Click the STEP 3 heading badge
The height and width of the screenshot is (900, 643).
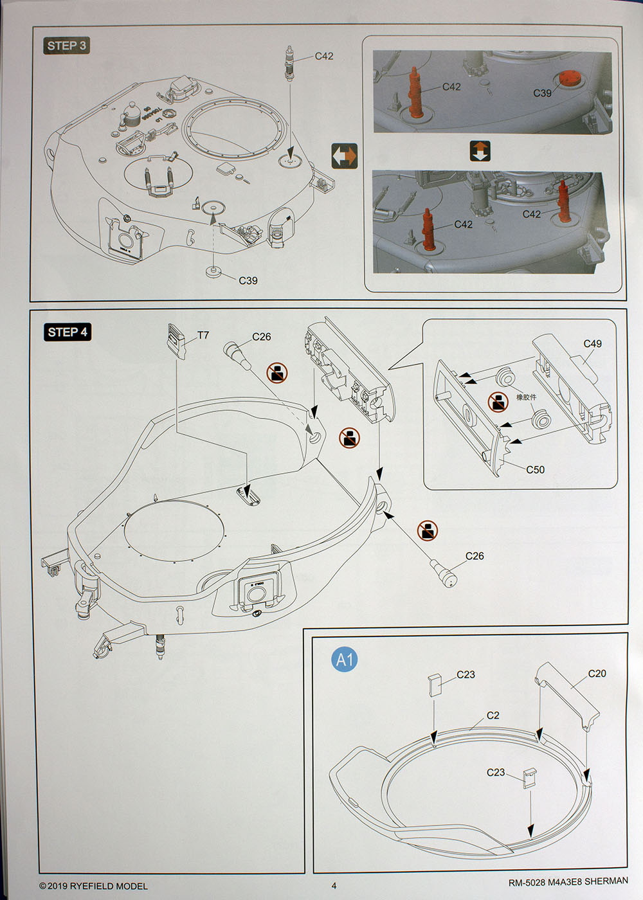(66, 46)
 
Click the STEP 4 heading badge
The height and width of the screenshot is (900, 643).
(67, 332)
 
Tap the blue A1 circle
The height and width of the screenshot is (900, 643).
(345, 659)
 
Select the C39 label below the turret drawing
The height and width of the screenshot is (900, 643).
(248, 280)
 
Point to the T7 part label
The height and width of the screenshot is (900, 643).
(203, 336)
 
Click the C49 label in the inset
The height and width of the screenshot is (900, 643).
(592, 344)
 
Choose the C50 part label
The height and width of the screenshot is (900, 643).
(535, 470)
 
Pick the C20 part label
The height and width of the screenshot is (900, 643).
(597, 674)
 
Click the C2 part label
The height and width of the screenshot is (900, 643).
(493, 715)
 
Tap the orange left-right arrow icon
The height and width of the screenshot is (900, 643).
(344, 156)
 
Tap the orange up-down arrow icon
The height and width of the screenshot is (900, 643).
(480, 151)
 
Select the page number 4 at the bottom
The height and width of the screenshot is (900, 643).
(334, 886)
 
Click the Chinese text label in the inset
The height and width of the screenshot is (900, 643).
(525, 397)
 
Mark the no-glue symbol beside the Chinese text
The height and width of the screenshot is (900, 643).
(498, 402)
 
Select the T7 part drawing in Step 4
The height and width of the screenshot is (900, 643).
(176, 341)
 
